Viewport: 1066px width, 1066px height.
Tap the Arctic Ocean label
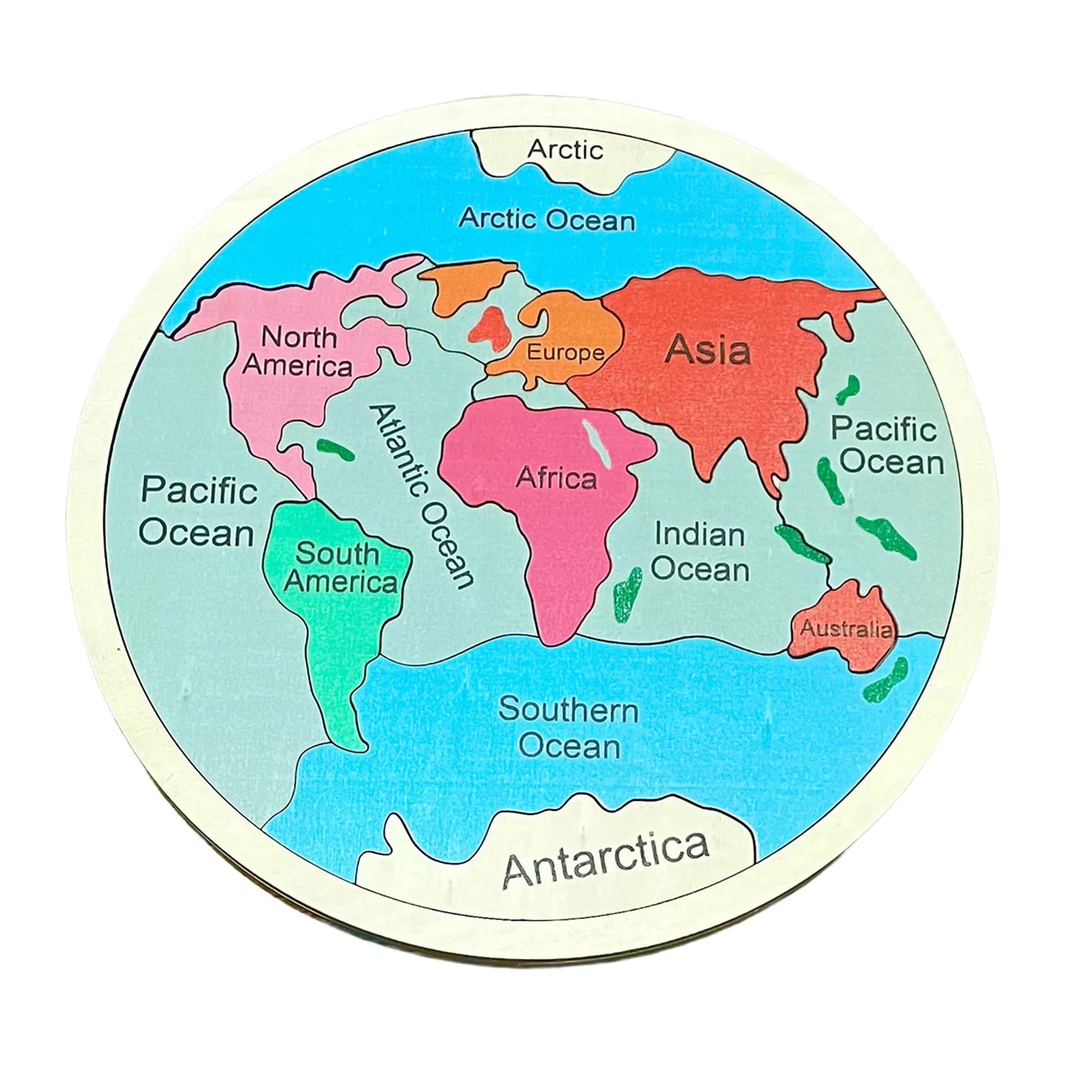click(x=547, y=219)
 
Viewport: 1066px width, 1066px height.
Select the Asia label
click(x=708, y=349)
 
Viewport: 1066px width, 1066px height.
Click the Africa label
click(x=556, y=478)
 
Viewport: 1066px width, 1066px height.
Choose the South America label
click(x=340, y=568)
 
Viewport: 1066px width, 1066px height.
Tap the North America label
click(x=298, y=351)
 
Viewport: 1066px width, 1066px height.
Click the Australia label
click(x=845, y=628)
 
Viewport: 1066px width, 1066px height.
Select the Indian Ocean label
click(x=700, y=552)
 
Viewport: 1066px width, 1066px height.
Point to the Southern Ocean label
click(x=568, y=728)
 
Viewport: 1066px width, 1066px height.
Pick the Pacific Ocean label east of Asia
click(x=887, y=444)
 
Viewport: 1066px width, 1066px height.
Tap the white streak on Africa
click(x=596, y=442)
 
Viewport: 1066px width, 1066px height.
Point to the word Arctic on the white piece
click(x=565, y=149)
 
